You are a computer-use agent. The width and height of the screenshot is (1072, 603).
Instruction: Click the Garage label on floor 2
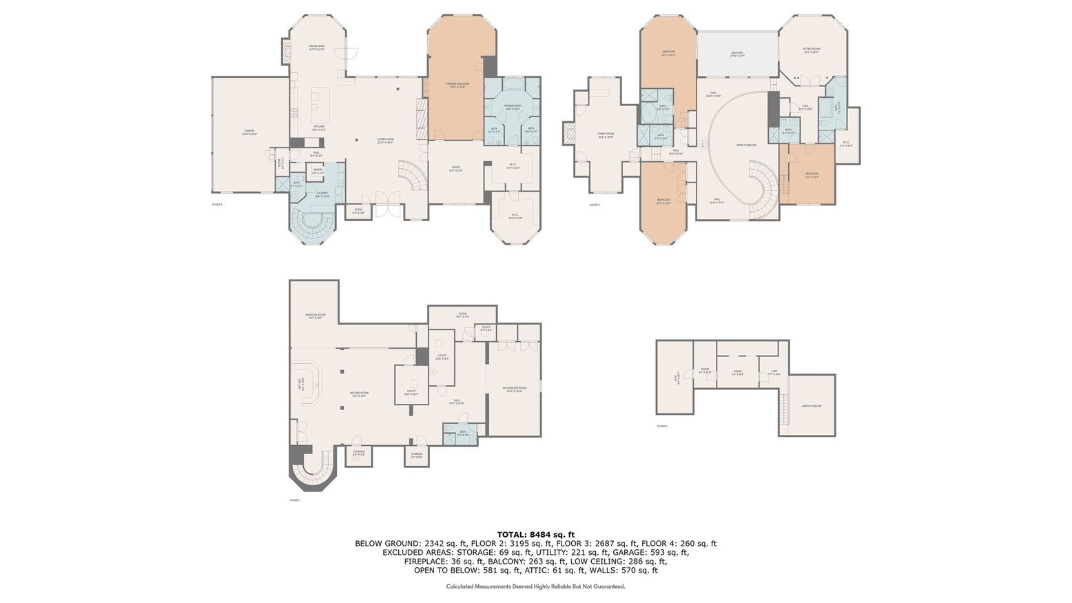[249, 132]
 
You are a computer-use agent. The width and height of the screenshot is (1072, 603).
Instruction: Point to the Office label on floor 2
[455, 168]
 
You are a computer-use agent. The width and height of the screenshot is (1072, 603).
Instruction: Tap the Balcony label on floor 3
[737, 54]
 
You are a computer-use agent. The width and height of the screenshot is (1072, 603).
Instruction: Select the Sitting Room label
[810, 50]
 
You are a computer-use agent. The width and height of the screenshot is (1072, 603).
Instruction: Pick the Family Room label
[605, 135]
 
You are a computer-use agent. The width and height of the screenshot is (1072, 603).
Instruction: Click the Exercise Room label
[316, 316]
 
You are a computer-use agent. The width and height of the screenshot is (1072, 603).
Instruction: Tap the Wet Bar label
[300, 385]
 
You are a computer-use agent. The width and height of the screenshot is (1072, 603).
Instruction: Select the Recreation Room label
[514, 389]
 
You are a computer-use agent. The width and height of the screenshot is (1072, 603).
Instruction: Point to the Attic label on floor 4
[677, 377]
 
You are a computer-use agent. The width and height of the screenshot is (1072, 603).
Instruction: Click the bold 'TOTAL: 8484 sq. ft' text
[535, 534]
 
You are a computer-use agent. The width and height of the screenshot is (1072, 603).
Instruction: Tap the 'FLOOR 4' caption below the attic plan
[661, 427]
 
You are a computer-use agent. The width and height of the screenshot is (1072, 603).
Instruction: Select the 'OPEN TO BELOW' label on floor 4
[811, 406]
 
